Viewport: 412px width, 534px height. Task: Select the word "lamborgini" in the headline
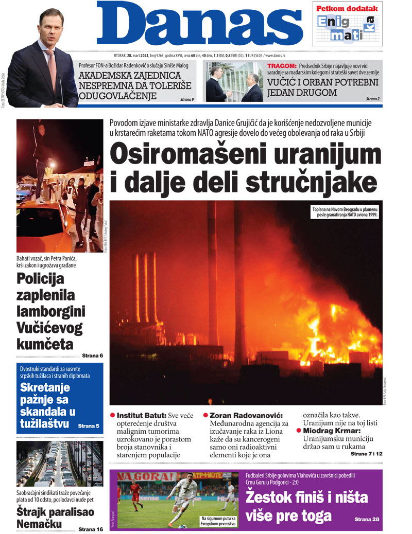[51, 311]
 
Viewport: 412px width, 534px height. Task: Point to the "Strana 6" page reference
[92, 355]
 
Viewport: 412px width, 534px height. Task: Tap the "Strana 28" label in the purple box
[367, 520]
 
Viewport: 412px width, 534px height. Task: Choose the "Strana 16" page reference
[91, 529]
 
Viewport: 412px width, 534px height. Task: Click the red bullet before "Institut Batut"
[113, 415]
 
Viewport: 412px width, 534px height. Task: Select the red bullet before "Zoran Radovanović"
[205, 415]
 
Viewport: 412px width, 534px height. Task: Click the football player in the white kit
[184, 494]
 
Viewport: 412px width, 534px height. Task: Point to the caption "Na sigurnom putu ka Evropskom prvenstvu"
[218, 521]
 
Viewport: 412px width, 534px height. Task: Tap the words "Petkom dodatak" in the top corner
[347, 8]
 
